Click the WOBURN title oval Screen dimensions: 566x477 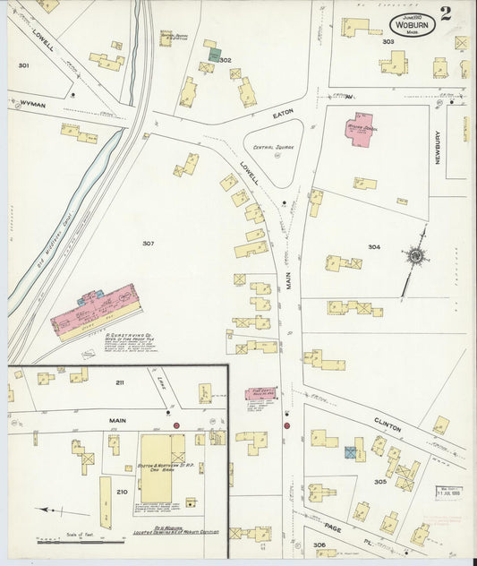[412, 26]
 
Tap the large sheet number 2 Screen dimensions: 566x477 [447, 15]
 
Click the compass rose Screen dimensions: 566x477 [416, 256]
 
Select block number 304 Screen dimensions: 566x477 [373, 245]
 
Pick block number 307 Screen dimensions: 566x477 [148, 243]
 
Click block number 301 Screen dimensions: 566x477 [23, 65]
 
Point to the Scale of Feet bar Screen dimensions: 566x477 [81, 541]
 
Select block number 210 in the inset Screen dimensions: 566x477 [122, 491]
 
